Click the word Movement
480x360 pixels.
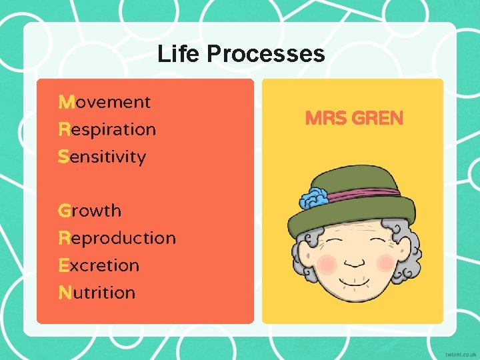coord(105,102)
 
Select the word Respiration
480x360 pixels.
coord(107,129)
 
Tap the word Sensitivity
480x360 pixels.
coord(102,157)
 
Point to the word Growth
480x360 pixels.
coord(90,211)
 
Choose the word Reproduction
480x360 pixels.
coord(117,238)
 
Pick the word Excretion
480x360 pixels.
coord(99,265)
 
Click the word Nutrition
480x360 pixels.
coord(97,293)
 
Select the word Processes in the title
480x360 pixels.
coord(266,53)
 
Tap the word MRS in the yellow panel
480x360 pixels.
coord(325,119)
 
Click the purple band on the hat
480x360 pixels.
coord(367,195)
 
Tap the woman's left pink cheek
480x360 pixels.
coord(326,264)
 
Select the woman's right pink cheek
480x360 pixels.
coord(386,263)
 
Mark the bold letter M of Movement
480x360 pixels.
coord(66,102)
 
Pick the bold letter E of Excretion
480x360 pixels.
coord(64,265)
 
